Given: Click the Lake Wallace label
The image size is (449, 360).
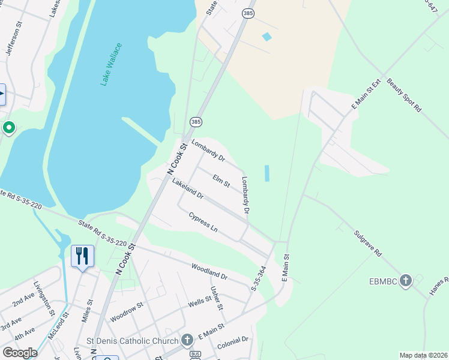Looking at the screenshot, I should tap(112, 64).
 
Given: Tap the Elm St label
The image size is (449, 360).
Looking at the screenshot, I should tap(221, 181).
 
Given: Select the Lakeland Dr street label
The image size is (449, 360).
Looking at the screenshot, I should tap(188, 188).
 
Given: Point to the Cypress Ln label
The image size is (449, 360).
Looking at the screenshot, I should tap(203, 221).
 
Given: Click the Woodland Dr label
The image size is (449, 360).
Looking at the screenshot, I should tap(209, 272).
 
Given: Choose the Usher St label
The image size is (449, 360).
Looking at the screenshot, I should tap(217, 298).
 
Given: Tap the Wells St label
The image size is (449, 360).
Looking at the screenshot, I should tap(199, 303).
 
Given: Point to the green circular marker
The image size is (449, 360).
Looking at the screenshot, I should tap(9, 127).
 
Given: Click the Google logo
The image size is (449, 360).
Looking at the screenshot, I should tap(20, 353).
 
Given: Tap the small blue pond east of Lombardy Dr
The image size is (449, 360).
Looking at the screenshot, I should tap(267, 173).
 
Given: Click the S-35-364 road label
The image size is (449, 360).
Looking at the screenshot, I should tap(259, 279).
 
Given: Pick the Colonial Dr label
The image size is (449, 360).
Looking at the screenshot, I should tap(233, 344).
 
